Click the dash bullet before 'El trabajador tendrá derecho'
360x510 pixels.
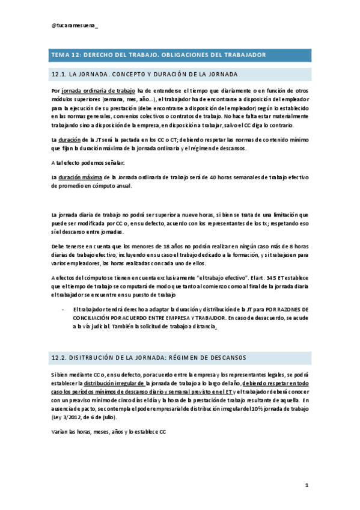(x=63, y=309)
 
